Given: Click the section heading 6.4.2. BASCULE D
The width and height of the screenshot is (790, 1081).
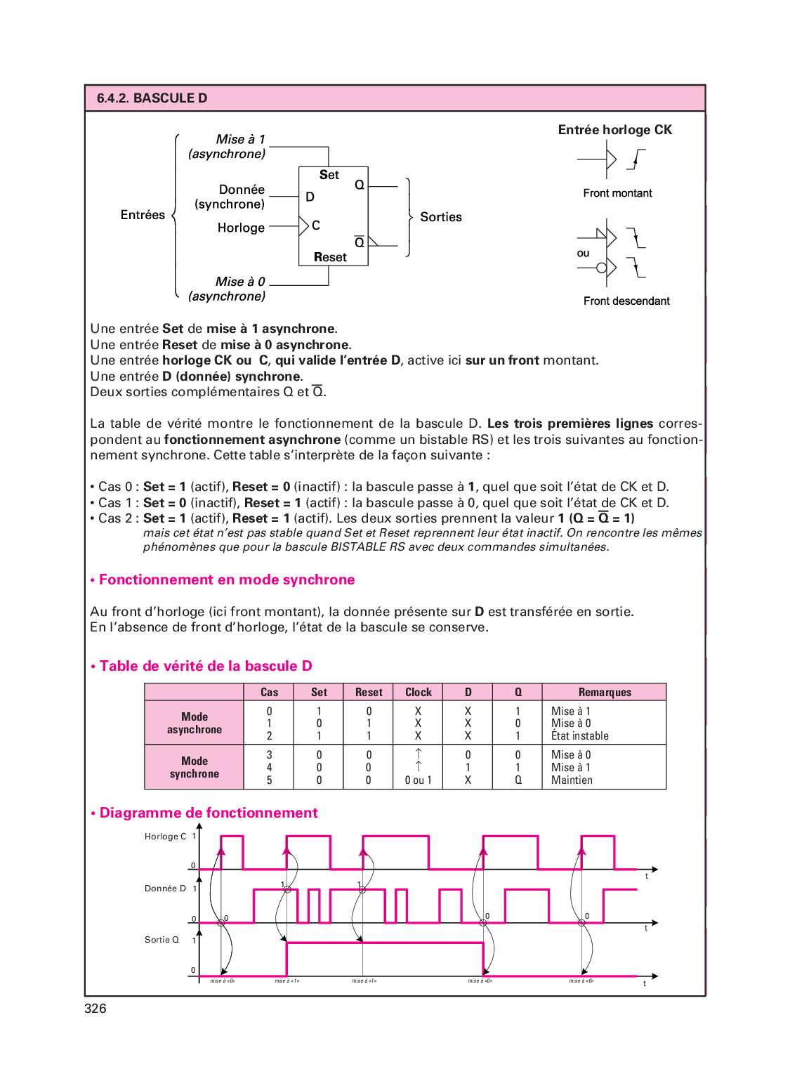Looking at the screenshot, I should click(152, 98).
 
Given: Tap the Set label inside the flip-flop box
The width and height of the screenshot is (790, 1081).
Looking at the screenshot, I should click(329, 175).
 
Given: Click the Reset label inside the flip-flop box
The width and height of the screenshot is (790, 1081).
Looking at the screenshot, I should click(330, 257).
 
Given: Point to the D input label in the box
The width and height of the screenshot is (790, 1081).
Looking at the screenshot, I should click(310, 197).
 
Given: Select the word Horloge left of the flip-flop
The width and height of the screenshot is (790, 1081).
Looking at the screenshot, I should click(241, 228).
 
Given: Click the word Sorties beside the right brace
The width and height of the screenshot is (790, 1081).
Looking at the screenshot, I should click(441, 217).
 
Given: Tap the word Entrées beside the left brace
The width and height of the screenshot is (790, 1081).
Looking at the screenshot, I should click(143, 215).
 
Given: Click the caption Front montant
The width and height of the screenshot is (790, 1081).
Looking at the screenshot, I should click(617, 193).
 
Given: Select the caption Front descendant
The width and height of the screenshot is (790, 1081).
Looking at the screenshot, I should click(626, 301).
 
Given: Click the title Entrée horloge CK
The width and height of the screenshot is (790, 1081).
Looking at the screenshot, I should click(614, 130).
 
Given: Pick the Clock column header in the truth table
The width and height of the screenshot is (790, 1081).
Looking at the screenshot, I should click(419, 693).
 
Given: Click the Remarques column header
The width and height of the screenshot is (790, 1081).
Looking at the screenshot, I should click(605, 693).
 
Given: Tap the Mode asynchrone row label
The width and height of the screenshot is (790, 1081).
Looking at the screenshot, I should click(195, 723).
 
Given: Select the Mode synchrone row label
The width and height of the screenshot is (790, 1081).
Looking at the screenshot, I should click(195, 768).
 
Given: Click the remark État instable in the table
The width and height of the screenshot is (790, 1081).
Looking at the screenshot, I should click(579, 736).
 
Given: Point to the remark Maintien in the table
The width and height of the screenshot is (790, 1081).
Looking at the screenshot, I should click(572, 780).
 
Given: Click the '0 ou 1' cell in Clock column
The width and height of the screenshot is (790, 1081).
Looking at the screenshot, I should click(419, 780).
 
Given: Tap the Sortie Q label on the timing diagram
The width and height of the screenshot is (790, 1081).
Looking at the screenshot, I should click(162, 940).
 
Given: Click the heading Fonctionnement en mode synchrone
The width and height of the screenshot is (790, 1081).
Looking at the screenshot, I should click(226, 580).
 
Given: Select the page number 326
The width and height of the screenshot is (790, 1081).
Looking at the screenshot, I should click(96, 1009).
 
